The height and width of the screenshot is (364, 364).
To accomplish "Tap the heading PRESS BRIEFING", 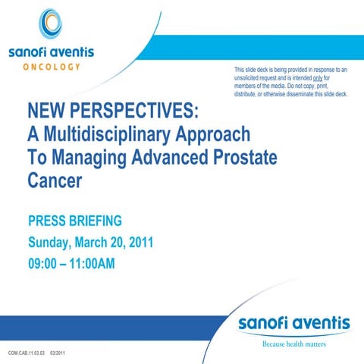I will [75, 221].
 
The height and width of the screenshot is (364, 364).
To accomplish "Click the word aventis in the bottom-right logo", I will [321, 324].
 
